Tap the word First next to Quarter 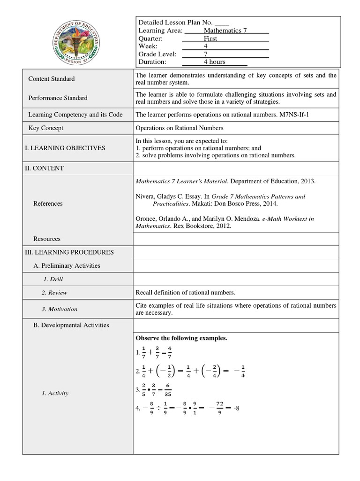pyautogui.click(x=210, y=39)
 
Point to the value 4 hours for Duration pyautogui.click(x=214, y=62)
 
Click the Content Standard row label pyautogui.click(x=52, y=79)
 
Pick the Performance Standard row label pyautogui.click(x=58, y=98)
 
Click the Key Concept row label pyautogui.click(x=46, y=128)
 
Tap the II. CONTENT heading pyautogui.click(x=44, y=168)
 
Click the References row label pyautogui.click(x=48, y=203)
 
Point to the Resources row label pyautogui.click(x=47, y=239)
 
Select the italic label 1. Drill pyautogui.click(x=53, y=279)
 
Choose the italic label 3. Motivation pyautogui.click(x=59, y=309)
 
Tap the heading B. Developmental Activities pyautogui.click(x=71, y=325)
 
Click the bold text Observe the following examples pyautogui.click(x=181, y=338)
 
